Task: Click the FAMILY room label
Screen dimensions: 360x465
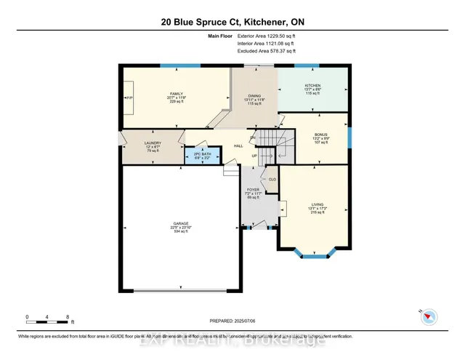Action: [176, 94]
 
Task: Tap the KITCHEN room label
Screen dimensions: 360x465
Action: [312, 85]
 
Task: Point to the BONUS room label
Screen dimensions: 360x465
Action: [320, 135]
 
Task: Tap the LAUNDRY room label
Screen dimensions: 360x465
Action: [152, 143]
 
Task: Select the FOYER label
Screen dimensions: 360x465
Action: [254, 191]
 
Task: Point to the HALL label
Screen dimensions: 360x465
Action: [238, 145]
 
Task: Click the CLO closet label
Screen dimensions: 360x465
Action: [272, 178]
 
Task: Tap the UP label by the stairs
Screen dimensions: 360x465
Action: [254, 156]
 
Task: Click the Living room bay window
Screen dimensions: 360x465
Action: [314, 255]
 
